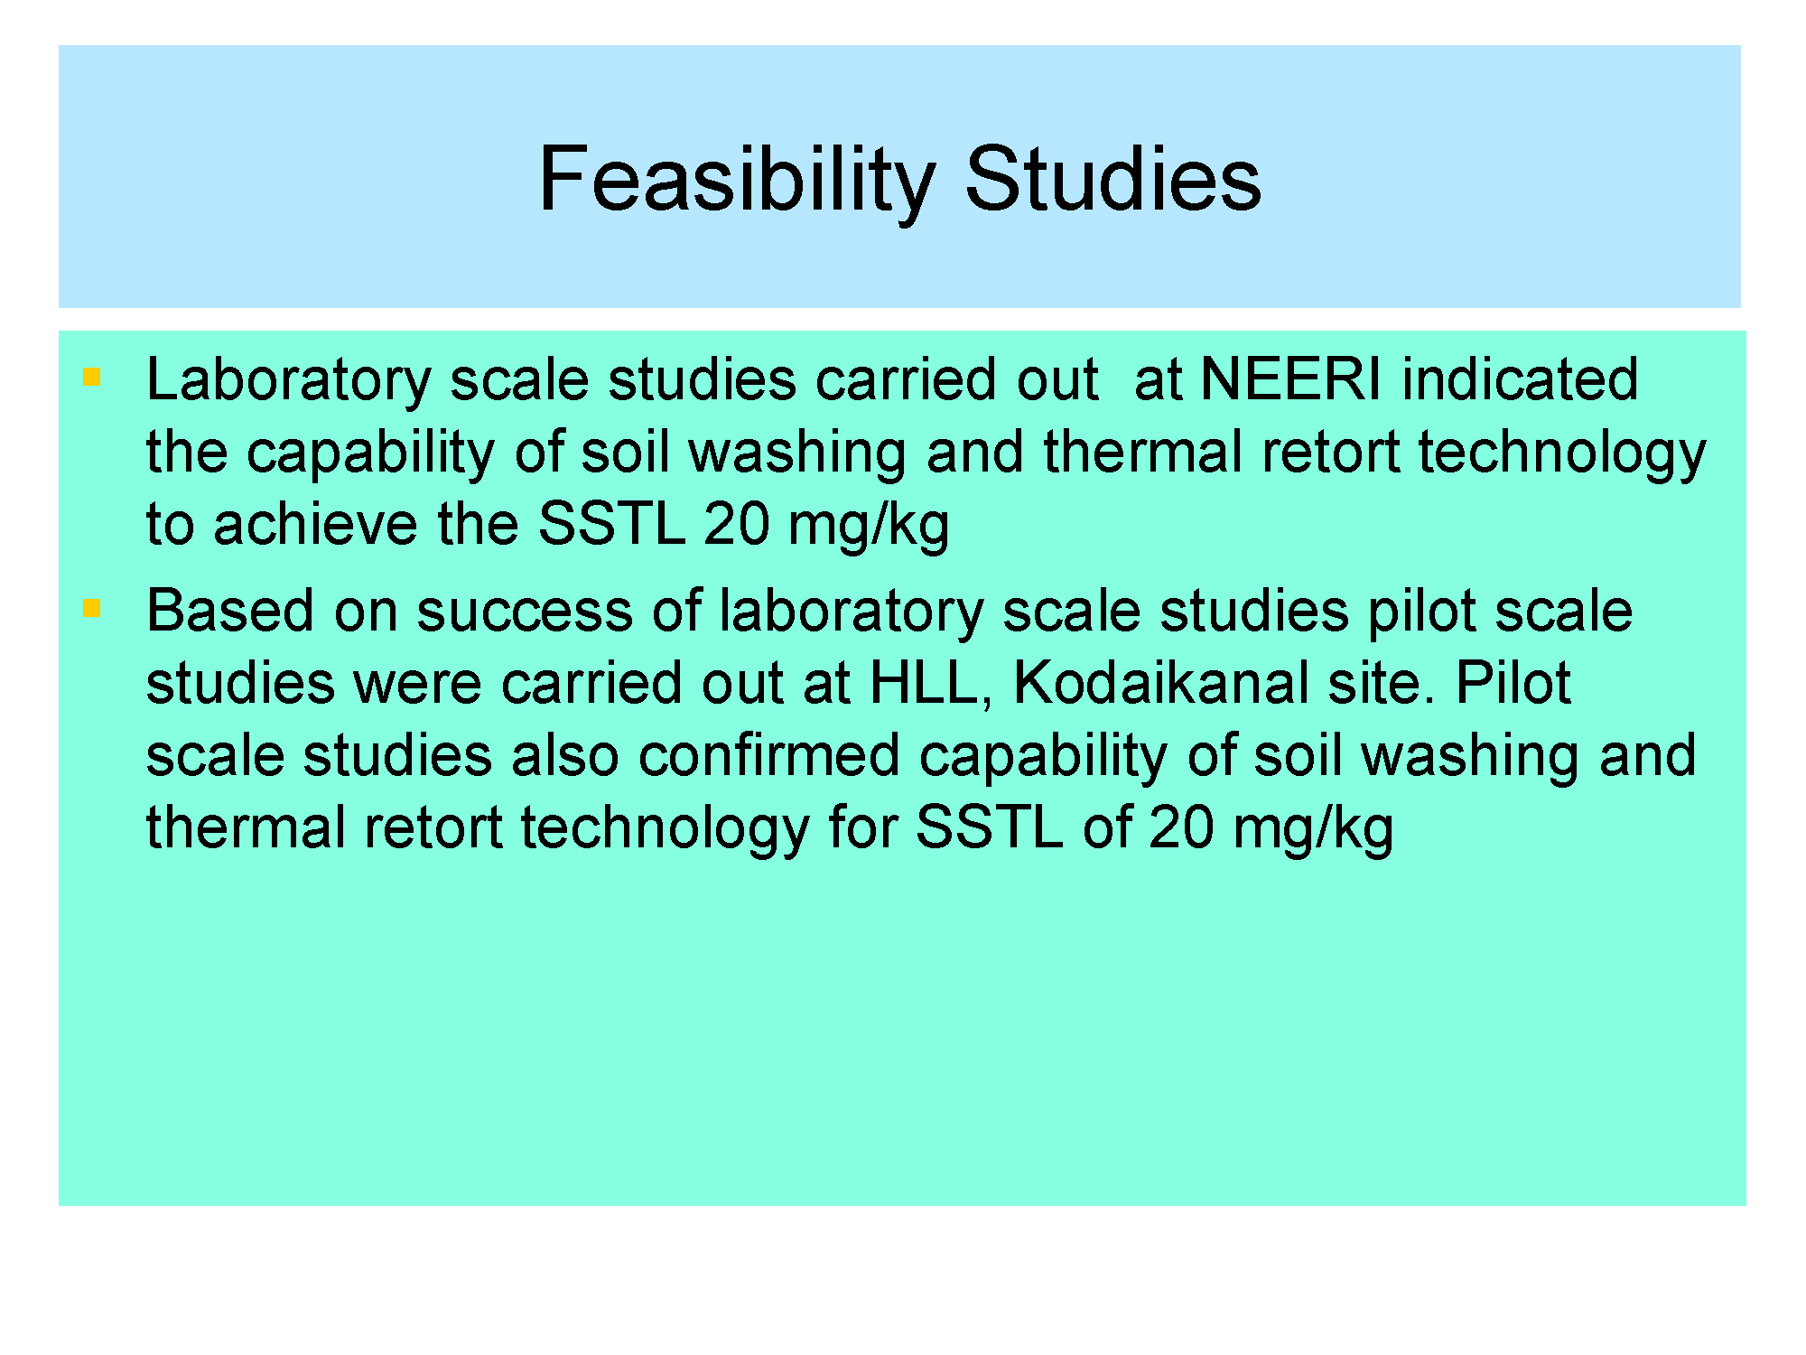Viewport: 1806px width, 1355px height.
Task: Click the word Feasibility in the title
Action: click(737, 182)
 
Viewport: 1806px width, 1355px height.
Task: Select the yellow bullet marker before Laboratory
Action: click(91, 377)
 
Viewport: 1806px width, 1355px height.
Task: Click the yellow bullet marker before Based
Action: click(91, 609)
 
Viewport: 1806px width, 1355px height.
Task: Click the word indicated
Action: click(1520, 378)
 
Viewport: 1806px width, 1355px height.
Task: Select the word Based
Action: click(230, 611)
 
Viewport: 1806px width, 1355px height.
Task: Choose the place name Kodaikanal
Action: click(1159, 683)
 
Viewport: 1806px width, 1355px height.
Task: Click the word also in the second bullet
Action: click(564, 755)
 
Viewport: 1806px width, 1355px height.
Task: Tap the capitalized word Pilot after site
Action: click(1513, 683)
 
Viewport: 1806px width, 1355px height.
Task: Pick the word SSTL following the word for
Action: click(989, 827)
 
